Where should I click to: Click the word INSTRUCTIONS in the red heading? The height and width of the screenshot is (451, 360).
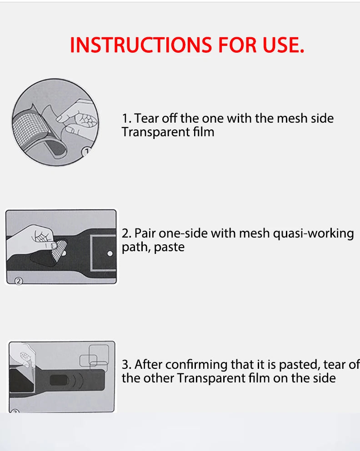[x=141, y=45]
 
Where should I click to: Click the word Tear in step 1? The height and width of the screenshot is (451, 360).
[x=146, y=118]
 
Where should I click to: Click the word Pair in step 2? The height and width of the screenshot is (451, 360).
[x=145, y=233]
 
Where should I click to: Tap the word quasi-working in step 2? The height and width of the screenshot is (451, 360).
[x=313, y=234]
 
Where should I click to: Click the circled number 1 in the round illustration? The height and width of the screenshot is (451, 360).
[x=86, y=151]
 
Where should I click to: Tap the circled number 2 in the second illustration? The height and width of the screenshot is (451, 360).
[x=19, y=281]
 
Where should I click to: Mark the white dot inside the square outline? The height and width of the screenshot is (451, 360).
[x=110, y=253]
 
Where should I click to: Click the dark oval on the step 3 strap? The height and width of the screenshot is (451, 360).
[x=60, y=380]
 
